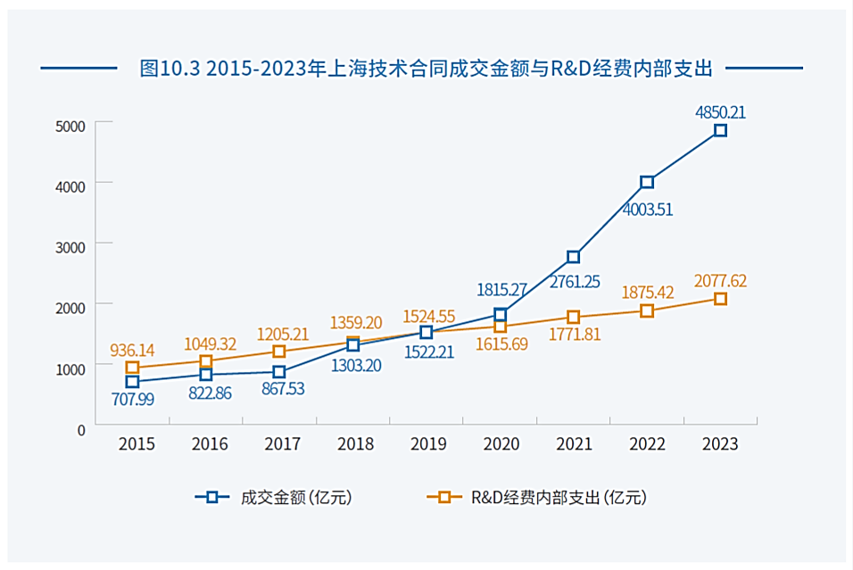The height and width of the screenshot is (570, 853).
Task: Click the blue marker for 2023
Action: (x=720, y=130)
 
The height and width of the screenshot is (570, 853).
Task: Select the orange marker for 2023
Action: (x=720, y=299)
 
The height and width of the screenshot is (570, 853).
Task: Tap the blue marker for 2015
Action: (x=132, y=382)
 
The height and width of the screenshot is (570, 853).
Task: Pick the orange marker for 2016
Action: (x=206, y=361)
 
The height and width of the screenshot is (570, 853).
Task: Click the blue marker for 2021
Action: (x=574, y=257)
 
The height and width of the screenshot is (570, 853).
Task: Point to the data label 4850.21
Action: (x=720, y=112)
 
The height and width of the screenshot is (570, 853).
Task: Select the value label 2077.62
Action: (x=720, y=281)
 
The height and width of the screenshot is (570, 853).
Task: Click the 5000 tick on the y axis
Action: (x=70, y=124)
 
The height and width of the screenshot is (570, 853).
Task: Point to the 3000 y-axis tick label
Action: (x=70, y=244)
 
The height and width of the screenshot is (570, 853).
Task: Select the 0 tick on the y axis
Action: (x=81, y=428)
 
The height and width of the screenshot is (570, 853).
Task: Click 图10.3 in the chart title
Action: (x=170, y=68)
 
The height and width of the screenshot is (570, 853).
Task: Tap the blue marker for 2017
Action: (x=279, y=372)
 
